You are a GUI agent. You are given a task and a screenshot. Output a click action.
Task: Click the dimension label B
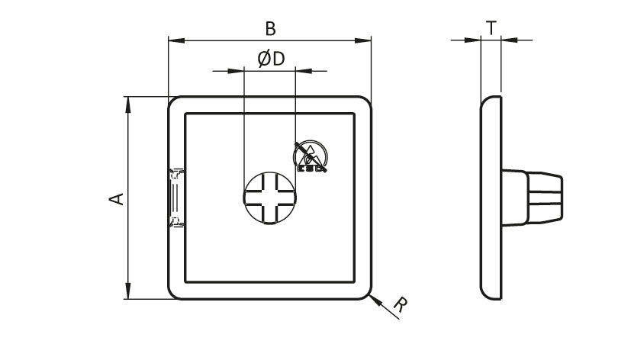click(x=270, y=29)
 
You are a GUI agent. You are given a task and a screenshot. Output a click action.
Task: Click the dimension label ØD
click(x=271, y=59)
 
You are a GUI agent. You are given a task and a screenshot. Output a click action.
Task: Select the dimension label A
click(x=117, y=199)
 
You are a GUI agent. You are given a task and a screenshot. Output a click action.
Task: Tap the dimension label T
click(x=491, y=28)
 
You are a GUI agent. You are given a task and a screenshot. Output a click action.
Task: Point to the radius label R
click(x=400, y=305)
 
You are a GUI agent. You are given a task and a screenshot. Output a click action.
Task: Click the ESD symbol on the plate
click(x=311, y=156)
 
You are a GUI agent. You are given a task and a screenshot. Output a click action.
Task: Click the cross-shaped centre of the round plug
click(x=269, y=198)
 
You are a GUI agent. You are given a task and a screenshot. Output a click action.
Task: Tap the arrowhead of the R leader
click(x=375, y=300)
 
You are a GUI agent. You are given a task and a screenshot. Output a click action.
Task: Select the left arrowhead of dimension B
click(x=176, y=40)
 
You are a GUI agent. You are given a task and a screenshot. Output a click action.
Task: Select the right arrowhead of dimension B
click(x=362, y=40)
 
